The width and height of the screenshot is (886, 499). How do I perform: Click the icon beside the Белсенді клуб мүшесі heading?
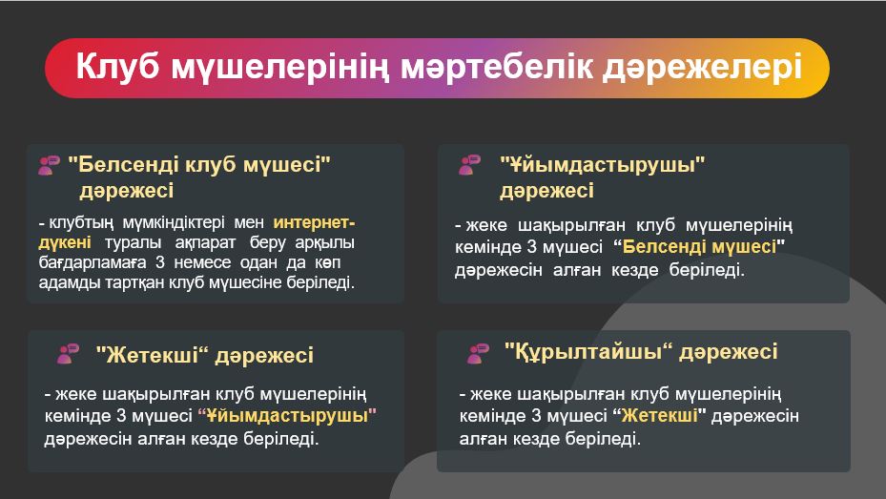(x=49, y=165)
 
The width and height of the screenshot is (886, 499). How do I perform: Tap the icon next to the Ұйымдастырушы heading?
(x=469, y=164)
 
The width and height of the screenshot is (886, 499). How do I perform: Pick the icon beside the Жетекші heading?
(x=69, y=354)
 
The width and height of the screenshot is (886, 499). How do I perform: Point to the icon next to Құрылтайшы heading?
(x=478, y=353)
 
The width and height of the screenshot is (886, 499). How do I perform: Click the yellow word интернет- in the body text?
(x=314, y=222)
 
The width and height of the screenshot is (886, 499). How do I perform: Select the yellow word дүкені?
(x=65, y=243)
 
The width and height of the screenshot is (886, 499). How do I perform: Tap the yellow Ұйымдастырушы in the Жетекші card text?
(x=288, y=416)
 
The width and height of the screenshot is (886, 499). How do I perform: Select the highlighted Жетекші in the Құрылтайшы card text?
(x=659, y=416)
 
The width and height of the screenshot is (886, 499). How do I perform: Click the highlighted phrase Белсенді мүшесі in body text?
(x=699, y=247)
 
